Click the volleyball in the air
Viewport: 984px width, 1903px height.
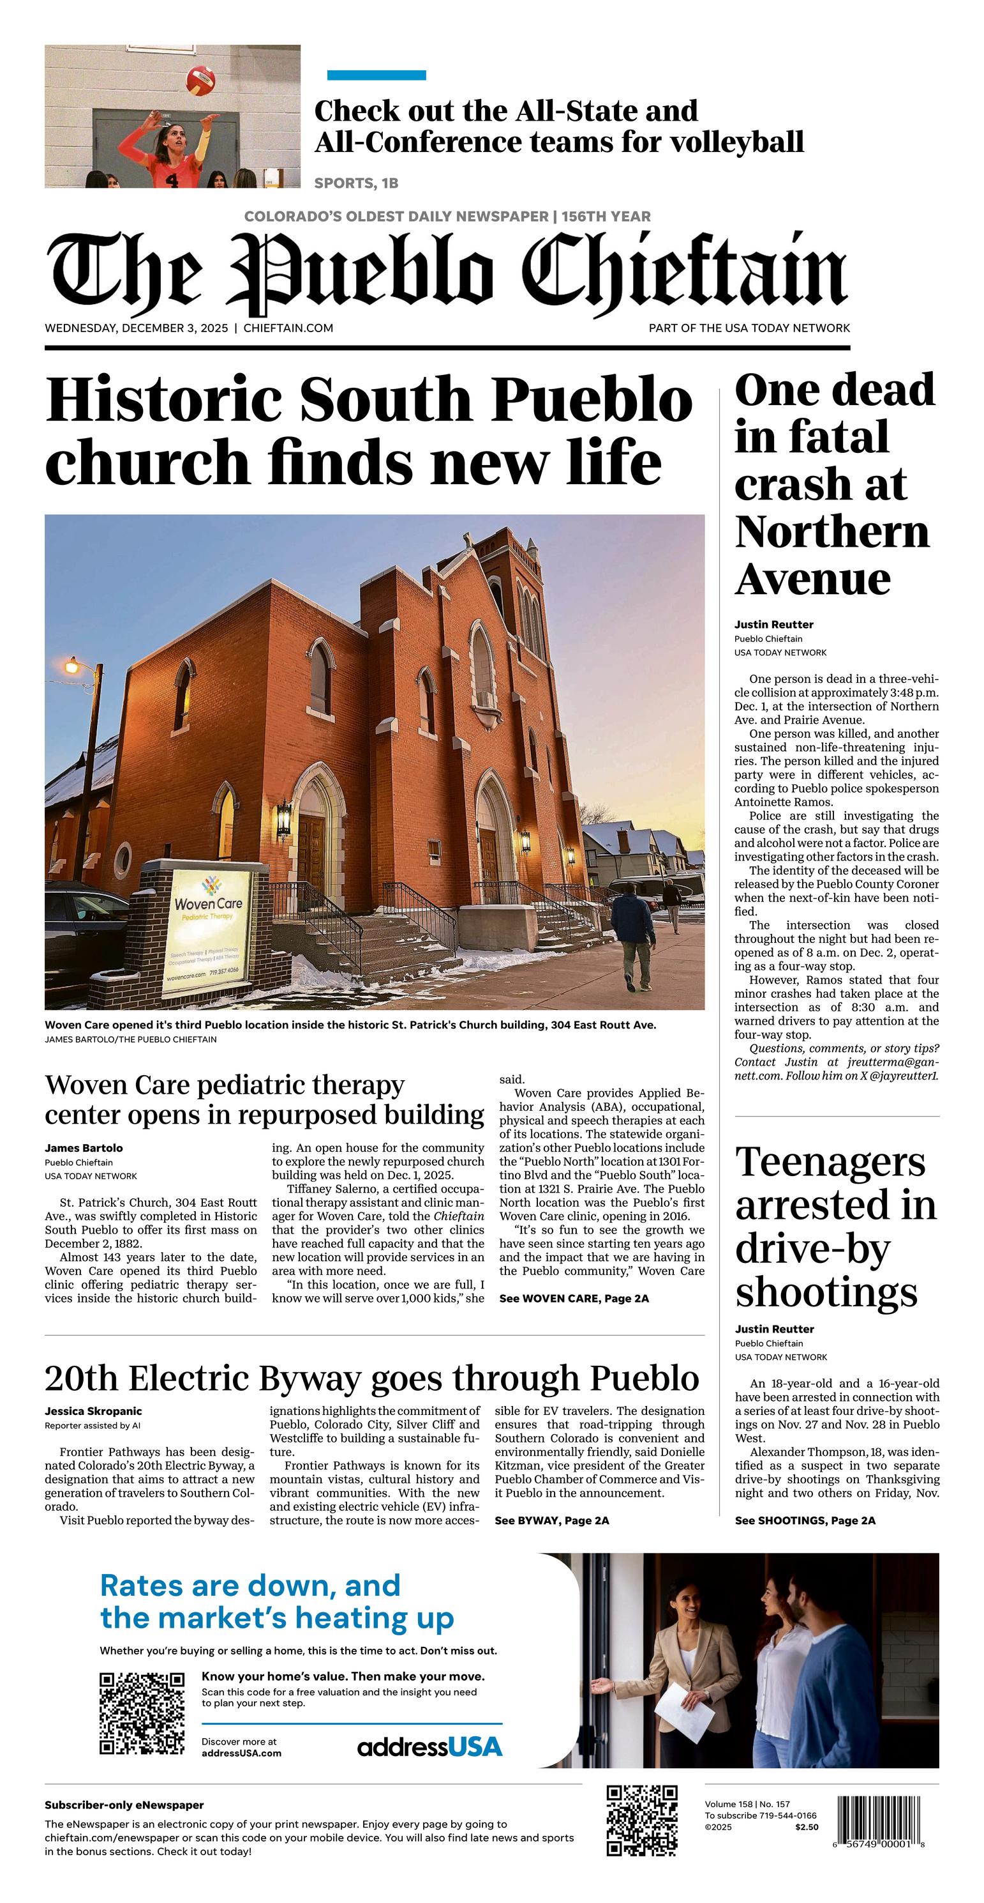[200, 80]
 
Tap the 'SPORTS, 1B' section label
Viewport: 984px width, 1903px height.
[357, 183]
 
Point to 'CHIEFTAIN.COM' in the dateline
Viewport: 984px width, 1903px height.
[288, 328]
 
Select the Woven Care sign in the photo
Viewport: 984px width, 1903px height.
[208, 933]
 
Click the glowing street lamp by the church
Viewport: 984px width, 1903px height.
[72, 667]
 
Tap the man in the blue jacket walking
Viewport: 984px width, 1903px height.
[632, 938]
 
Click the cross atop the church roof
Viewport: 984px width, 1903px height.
[468, 539]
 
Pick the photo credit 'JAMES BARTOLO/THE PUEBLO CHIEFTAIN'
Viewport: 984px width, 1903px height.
[131, 1039]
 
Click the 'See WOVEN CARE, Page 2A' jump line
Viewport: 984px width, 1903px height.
[574, 1299]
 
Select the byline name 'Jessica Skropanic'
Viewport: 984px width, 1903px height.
[93, 1411]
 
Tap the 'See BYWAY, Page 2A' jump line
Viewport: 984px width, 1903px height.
[551, 1520]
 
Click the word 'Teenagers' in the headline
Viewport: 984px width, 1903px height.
[830, 1162]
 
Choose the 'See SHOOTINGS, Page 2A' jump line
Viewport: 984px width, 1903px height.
[805, 1520]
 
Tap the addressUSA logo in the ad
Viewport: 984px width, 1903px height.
[429, 1746]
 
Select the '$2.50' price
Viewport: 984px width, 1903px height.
[807, 1827]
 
